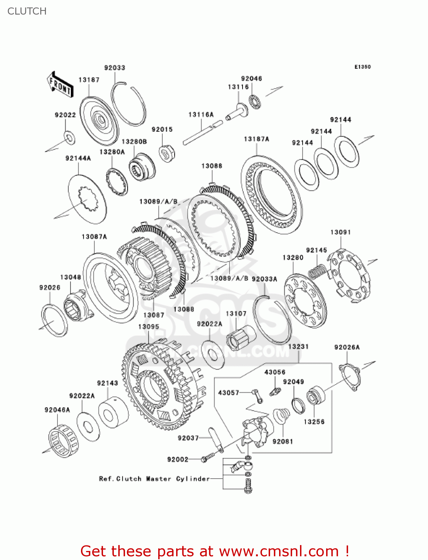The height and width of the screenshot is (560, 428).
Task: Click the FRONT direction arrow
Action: (x=60, y=85)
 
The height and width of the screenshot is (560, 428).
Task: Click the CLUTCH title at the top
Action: (x=27, y=11)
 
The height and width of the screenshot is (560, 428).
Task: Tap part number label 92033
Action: (x=115, y=68)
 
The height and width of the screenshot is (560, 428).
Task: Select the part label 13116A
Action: (x=201, y=115)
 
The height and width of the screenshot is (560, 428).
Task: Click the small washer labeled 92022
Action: (x=69, y=137)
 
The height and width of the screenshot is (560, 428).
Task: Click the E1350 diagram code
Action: (x=362, y=67)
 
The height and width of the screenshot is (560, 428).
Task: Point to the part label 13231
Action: (x=298, y=346)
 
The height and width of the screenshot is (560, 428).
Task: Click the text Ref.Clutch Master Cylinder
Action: (x=154, y=479)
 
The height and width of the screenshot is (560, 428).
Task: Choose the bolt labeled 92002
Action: (x=207, y=458)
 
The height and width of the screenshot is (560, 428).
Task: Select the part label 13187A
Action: (x=256, y=139)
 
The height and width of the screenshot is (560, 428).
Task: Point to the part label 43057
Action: (x=228, y=392)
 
